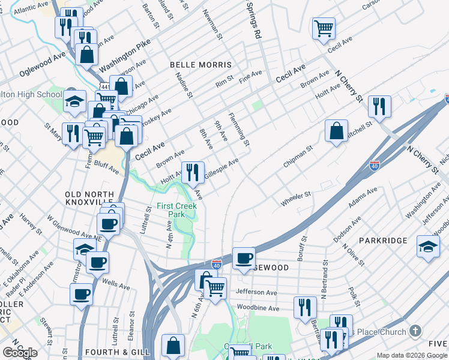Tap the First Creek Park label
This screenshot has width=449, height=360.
click(x=170, y=210)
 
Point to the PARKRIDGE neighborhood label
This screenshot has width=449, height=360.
click(x=383, y=240)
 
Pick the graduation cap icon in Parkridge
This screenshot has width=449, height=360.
click(x=428, y=247)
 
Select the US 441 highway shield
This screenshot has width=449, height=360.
click(x=104, y=87)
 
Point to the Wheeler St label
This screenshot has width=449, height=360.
click(x=296, y=198)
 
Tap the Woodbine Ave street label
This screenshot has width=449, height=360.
click(x=258, y=308)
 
